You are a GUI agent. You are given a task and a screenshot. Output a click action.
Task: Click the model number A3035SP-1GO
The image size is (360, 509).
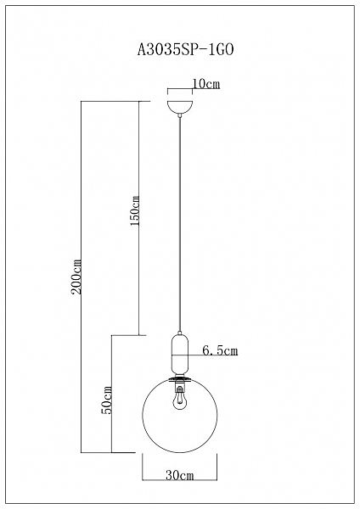pyautogui.click(x=186, y=50)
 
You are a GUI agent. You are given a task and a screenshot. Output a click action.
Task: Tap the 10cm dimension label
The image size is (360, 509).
pyautogui.click(x=206, y=84)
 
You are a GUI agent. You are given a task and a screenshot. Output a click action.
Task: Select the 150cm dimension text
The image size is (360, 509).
pyautogui.click(x=134, y=210)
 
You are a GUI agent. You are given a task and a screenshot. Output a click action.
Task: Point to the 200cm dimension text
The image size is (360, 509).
pyautogui.click(x=76, y=277)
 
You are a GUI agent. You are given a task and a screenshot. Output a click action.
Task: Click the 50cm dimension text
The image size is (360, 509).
pyautogui.click(x=107, y=400)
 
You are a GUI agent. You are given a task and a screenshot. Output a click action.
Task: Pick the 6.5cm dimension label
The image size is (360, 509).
pyautogui.click(x=220, y=350)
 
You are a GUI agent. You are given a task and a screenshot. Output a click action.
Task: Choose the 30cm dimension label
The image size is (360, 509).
pyautogui.click(x=180, y=476)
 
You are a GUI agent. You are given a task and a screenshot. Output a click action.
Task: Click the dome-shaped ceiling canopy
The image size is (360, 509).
pyautogui.click(x=180, y=107)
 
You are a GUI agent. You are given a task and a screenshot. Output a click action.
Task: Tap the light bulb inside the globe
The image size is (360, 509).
pyautogui.click(x=178, y=400)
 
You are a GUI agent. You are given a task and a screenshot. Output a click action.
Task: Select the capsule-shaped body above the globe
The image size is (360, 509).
pyautogui.click(x=179, y=354)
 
